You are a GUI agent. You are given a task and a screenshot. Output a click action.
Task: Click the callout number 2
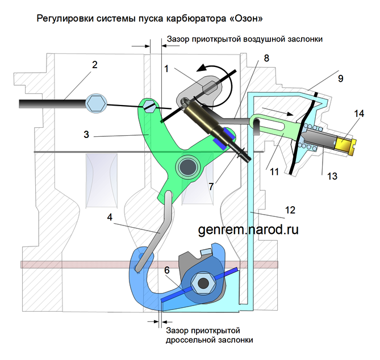(x=95, y=65)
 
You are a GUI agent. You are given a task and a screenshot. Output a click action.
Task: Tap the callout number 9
(x=340, y=78)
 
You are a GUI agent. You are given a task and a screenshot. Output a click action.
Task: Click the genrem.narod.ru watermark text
(x=248, y=229)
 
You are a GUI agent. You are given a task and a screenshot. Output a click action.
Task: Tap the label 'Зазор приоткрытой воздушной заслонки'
(x=245, y=40)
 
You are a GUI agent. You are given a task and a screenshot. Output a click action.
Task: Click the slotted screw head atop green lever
(x=149, y=105)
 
